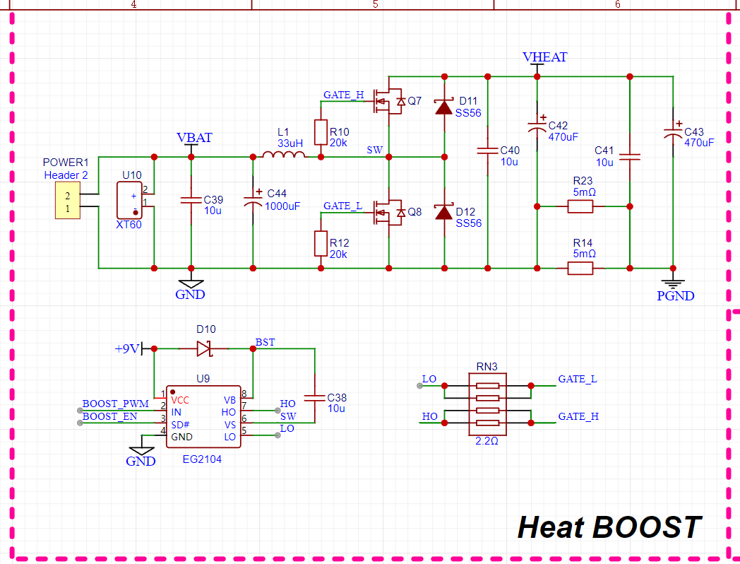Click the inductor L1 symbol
(283, 154)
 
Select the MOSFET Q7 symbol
(388, 102)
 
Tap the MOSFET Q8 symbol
(388, 213)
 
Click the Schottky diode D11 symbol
(443, 107)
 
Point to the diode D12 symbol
(443, 211)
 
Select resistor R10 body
(321, 132)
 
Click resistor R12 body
(321, 243)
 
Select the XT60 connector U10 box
(130, 201)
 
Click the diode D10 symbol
(204, 348)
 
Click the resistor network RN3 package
(487, 404)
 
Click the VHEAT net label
(544, 57)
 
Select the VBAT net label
(194, 138)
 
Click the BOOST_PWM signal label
(116, 404)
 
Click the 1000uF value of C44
(282, 206)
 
